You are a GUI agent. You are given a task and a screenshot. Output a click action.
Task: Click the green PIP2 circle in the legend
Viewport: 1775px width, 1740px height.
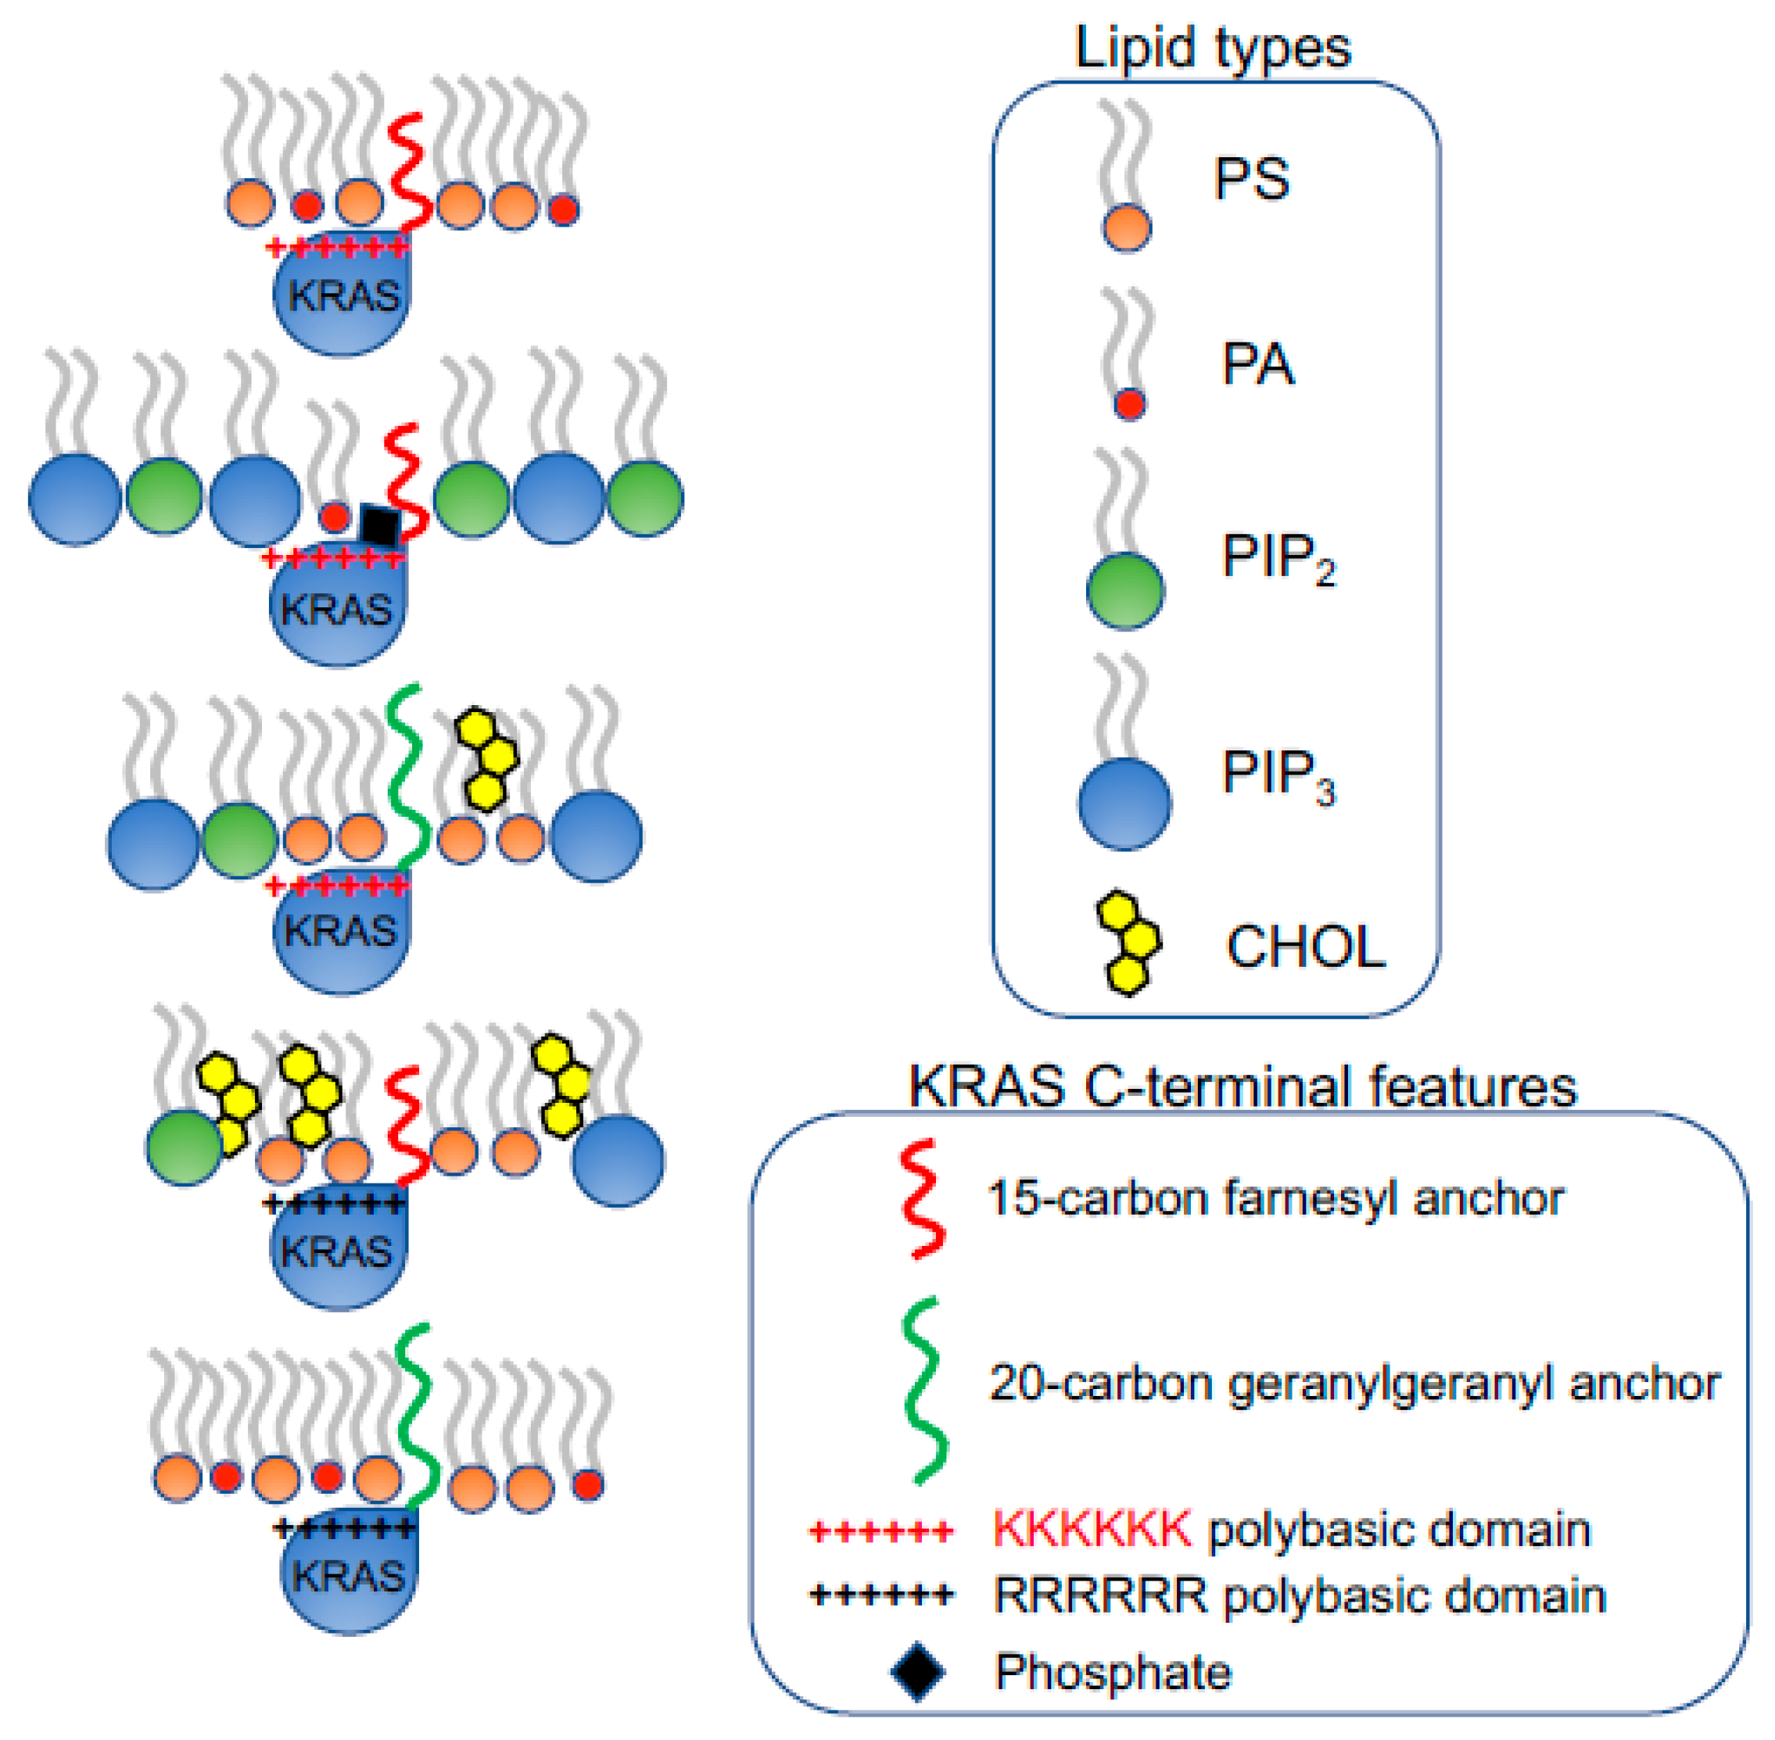click(1124, 590)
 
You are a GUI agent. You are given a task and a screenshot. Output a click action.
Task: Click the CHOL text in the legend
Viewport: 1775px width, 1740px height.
click(1305, 947)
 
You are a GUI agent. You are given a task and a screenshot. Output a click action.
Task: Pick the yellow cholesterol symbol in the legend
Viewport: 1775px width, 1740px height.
click(1130, 944)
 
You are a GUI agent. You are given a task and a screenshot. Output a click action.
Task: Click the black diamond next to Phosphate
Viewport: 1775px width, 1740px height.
click(918, 1671)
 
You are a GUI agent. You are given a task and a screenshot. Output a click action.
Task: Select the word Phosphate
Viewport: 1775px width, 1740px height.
click(1113, 1671)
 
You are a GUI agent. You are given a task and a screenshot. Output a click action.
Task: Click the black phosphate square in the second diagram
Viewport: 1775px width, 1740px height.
click(379, 525)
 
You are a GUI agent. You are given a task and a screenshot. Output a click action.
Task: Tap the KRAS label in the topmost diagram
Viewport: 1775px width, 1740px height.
click(344, 296)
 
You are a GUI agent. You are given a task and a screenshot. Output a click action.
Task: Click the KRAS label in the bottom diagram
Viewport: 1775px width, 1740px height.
click(348, 1577)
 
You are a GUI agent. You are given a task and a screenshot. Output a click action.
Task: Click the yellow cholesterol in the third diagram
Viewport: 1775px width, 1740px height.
click(487, 757)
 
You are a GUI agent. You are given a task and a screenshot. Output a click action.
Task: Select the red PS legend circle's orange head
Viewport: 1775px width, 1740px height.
click(1126, 227)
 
